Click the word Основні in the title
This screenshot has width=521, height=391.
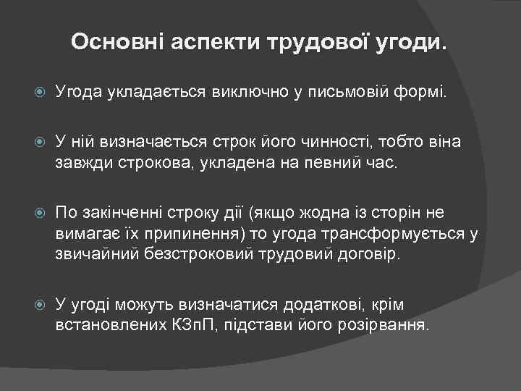tap(117, 43)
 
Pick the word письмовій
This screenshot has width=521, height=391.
tap(347, 93)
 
